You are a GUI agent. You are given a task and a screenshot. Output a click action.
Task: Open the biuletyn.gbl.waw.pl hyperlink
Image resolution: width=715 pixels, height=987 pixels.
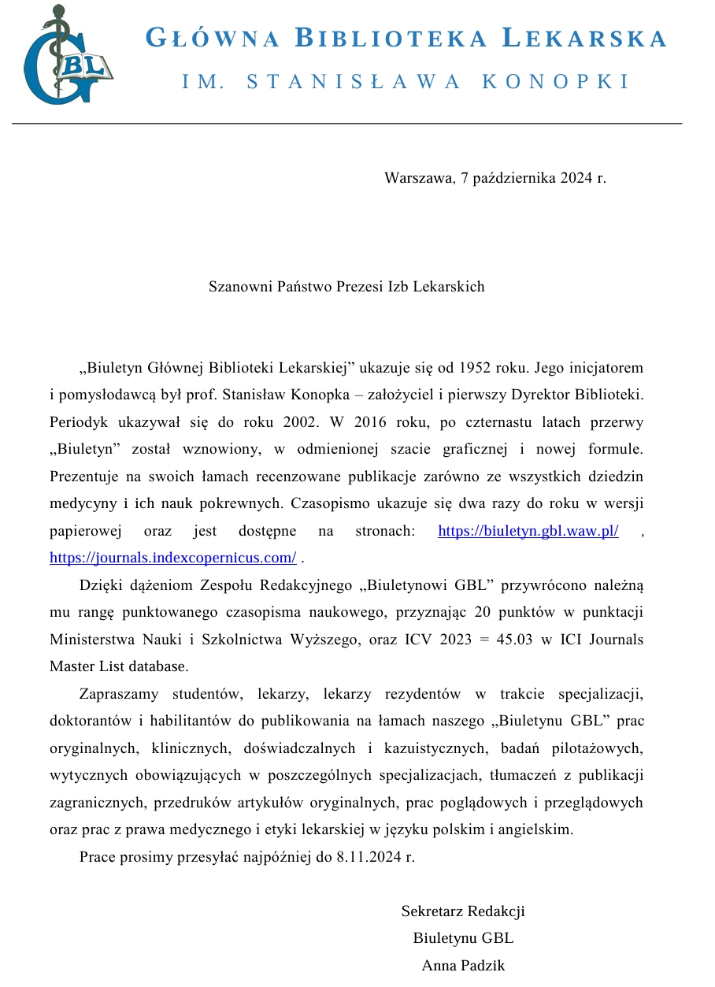tap(528, 531)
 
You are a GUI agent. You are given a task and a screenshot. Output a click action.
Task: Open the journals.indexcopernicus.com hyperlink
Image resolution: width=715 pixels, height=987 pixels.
tap(172, 558)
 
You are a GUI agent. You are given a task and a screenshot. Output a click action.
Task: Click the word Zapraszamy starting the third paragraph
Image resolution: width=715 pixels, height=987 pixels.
tap(118, 694)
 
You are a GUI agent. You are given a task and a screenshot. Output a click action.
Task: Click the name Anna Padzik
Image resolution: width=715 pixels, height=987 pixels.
tap(463, 966)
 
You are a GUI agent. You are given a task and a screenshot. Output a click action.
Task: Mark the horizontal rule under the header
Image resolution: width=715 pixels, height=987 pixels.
tap(346, 124)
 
